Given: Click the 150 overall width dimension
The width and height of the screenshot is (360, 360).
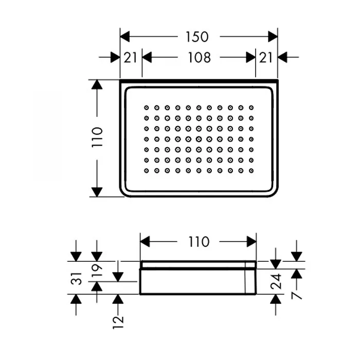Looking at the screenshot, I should click(x=197, y=37).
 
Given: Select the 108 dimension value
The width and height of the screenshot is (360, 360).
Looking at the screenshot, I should click(x=199, y=58).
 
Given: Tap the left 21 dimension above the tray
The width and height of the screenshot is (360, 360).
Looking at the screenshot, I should click(x=131, y=58).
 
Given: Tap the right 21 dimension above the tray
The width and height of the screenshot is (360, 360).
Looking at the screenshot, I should click(x=266, y=58).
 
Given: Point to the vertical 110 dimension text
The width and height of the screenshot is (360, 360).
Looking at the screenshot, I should click(x=97, y=137).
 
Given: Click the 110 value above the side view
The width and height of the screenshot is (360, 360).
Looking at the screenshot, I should click(x=199, y=241).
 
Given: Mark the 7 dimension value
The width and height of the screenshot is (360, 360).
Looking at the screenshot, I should click(x=297, y=295).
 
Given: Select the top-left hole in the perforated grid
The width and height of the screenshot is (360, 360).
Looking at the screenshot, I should click(x=146, y=107).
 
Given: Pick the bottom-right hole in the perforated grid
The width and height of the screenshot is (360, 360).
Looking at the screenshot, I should click(x=251, y=171).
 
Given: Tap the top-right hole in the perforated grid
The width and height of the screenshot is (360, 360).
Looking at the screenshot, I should click(x=251, y=107).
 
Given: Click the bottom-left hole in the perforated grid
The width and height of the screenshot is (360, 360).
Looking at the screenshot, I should click(x=146, y=171).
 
